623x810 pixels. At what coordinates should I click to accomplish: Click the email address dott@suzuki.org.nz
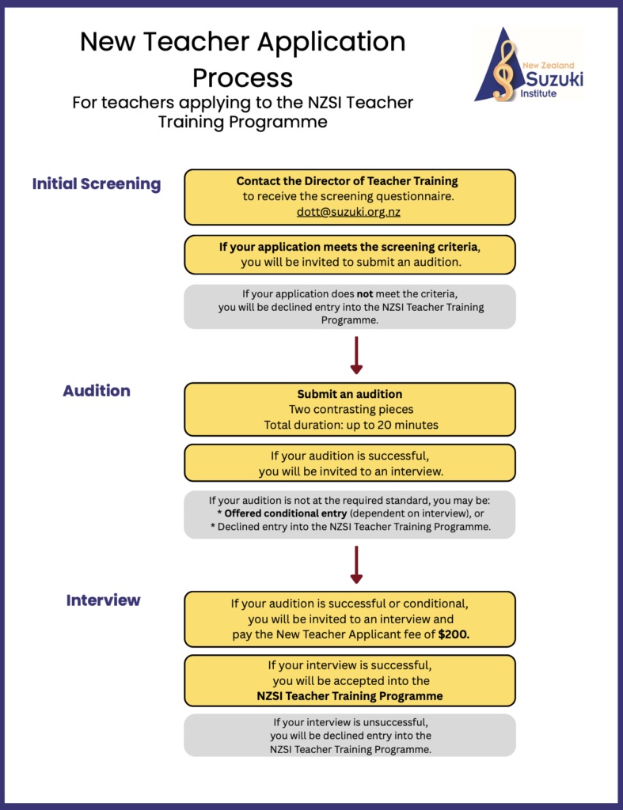point(350,212)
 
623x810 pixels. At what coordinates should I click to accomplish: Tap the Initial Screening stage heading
point(97,184)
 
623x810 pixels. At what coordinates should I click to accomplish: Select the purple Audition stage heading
point(97,391)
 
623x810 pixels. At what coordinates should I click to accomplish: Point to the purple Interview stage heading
point(103,600)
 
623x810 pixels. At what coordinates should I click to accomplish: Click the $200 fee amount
point(453,635)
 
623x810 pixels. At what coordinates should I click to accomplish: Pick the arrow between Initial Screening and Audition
point(356,355)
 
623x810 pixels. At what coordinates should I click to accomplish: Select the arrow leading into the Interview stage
point(356,564)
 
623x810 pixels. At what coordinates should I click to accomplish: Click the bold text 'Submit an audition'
point(350,394)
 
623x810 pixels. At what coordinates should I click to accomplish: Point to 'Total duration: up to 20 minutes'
point(350,425)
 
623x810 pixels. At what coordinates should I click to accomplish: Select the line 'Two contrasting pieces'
point(350,410)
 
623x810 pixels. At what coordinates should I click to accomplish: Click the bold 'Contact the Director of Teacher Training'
point(348,181)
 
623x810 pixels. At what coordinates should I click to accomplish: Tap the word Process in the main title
point(242,78)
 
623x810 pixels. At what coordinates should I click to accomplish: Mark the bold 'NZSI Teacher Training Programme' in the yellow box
point(350,696)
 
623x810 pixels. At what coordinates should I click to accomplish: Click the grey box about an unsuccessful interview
point(350,735)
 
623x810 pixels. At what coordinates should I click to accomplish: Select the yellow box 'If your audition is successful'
point(350,463)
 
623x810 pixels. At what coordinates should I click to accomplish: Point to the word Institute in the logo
point(540,93)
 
